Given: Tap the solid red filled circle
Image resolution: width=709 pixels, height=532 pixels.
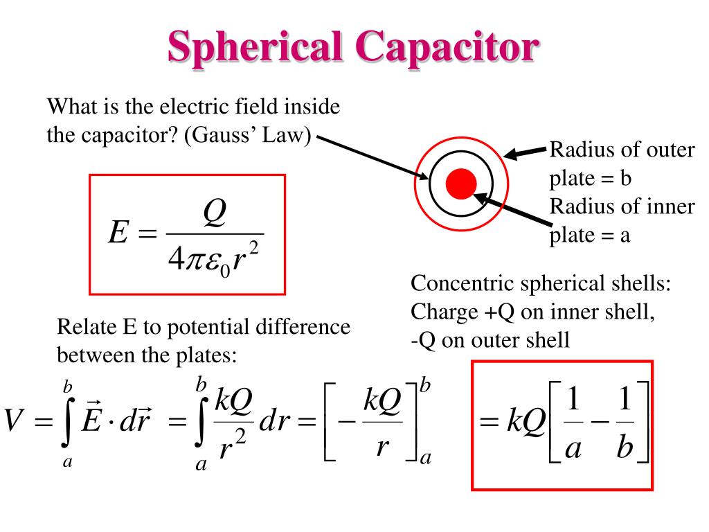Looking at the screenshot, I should pos(461,184).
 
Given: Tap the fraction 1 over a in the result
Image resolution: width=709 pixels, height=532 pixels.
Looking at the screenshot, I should pos(573,424).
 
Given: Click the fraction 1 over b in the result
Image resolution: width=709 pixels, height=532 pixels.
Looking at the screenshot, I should pos(625,424).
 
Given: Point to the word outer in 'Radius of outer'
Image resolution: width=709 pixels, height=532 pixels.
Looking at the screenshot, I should pos(670,150).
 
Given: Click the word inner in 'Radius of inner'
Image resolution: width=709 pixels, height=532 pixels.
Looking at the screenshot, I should pos(670,206).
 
